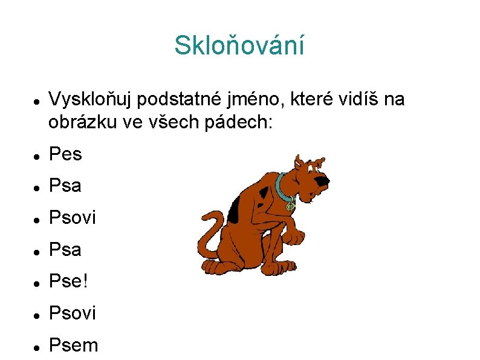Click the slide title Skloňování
coord(239,45)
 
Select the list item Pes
coord(65,154)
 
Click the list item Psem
coord(73,345)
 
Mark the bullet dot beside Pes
coord(37,155)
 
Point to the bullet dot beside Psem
coord(37,346)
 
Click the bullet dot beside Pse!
coord(37,283)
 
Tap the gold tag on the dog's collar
coord(291,206)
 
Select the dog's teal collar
coord(282,188)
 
